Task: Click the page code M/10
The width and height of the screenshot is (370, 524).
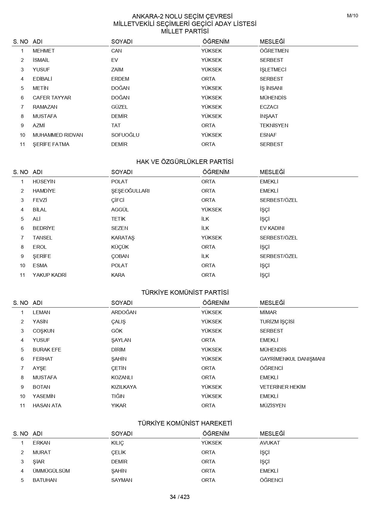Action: (x=352, y=16)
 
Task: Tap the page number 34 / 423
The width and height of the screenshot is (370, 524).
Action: (x=180, y=497)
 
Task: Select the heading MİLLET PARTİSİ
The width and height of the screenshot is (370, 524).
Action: (x=185, y=31)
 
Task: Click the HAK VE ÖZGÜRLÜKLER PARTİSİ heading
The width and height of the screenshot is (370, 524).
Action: (x=185, y=162)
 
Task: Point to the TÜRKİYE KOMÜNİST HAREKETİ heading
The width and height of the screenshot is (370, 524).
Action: (x=185, y=423)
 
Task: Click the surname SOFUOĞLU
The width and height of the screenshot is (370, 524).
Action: (x=125, y=135)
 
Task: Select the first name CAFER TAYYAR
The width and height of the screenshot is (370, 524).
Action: (x=52, y=98)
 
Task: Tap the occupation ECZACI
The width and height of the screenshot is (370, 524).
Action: (x=269, y=107)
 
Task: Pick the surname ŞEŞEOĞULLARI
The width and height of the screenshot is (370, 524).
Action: (x=130, y=191)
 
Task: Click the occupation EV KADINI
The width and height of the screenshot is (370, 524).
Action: (x=272, y=228)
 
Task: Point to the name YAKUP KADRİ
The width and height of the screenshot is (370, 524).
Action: (x=50, y=275)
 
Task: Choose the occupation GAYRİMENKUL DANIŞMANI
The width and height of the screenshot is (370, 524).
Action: (x=292, y=359)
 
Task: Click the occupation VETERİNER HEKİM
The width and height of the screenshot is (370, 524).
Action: (x=283, y=387)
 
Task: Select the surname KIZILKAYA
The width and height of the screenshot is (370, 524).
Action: (x=124, y=387)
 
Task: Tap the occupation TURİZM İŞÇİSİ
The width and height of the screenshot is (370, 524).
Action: (x=277, y=322)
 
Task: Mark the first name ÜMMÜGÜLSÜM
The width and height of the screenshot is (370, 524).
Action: (x=51, y=471)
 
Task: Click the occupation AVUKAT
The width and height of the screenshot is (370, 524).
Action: (x=270, y=443)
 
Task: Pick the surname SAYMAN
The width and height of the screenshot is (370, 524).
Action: (x=122, y=480)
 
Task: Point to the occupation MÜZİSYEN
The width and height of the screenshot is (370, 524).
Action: (x=273, y=405)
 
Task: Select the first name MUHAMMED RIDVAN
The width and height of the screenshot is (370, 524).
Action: (x=58, y=135)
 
